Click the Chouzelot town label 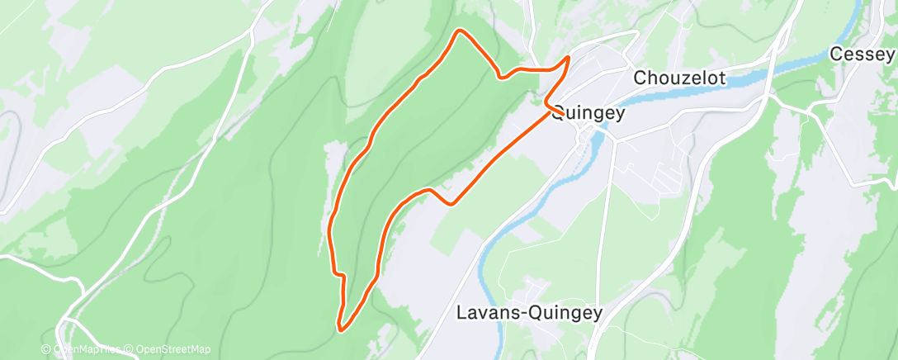679,78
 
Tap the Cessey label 862,54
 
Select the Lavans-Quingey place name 530,313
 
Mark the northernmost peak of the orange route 460,31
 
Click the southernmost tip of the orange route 341,329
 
